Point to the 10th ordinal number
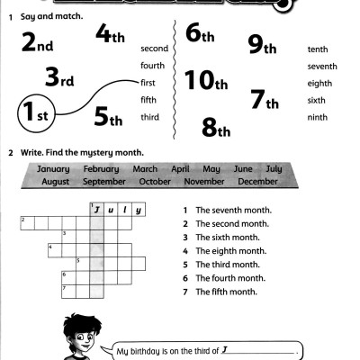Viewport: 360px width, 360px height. [204, 82]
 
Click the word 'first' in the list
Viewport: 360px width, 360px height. [148, 82]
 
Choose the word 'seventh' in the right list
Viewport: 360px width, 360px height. [322, 66]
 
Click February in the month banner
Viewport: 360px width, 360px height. [101, 169]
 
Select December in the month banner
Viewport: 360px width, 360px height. [258, 181]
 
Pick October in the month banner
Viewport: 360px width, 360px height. [155, 181]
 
